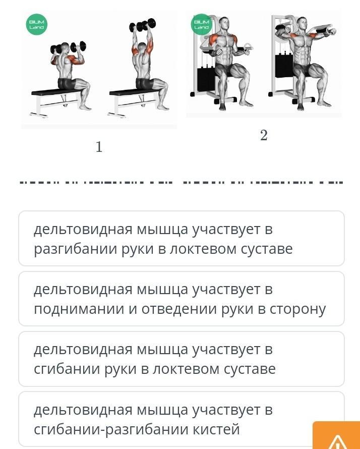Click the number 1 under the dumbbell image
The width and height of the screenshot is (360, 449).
pos(99,147)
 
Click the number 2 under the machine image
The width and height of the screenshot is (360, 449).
pos(264,135)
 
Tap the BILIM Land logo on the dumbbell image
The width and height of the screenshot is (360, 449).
pos(36,24)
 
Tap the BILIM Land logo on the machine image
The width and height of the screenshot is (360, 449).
pos(202,24)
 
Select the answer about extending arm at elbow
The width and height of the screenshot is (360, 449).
pos(182,239)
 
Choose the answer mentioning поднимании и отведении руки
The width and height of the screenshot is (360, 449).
pos(182,299)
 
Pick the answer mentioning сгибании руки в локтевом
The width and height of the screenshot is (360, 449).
pos(182,359)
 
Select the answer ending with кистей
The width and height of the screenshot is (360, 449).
pos(182,419)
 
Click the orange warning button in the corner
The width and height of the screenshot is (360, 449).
pos(336,435)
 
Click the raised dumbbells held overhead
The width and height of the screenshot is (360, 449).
pos(143,25)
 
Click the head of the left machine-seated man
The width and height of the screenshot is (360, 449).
pos(224,23)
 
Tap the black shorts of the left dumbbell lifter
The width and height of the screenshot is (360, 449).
pos(67,83)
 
